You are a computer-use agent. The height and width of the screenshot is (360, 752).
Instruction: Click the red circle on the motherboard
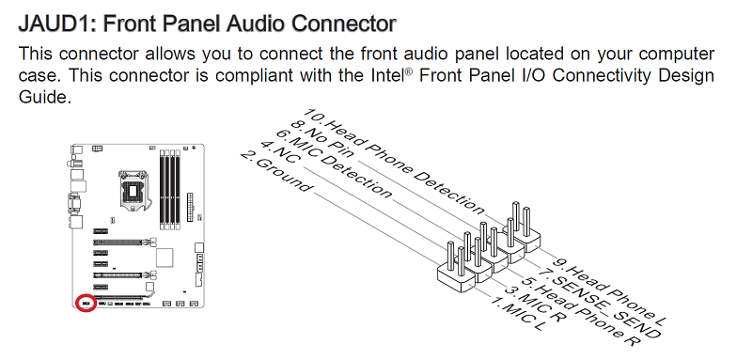tap(86, 304)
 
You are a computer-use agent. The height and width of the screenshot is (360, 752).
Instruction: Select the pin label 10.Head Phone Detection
tap(395, 162)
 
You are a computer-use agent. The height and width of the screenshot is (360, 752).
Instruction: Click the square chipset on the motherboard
tap(164, 257)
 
